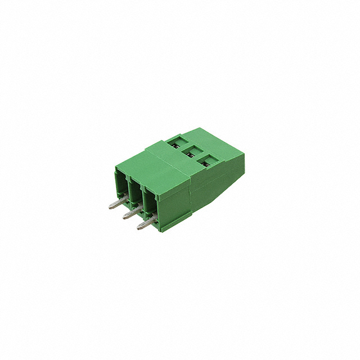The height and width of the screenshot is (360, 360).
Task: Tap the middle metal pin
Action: [131, 214]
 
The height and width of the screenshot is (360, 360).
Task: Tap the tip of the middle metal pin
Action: [124, 217]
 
